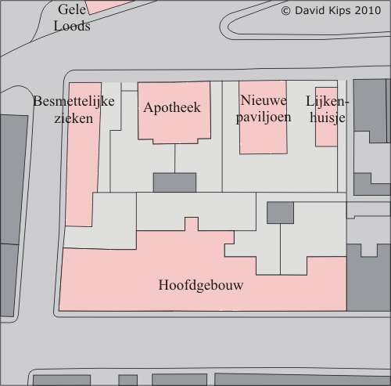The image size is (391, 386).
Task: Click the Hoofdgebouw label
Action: pyautogui.click(x=201, y=285)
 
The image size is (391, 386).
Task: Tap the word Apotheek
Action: pyautogui.click(x=172, y=108)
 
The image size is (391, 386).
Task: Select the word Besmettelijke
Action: pyautogui.click(x=74, y=102)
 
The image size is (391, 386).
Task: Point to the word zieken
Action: pyautogui.click(x=74, y=118)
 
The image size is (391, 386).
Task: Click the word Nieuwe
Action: pyautogui.click(x=264, y=100)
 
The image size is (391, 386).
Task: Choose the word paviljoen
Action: pyautogui.click(x=264, y=117)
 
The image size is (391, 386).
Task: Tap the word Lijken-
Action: pyautogui.click(x=327, y=101)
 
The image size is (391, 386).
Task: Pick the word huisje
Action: pyautogui.click(x=328, y=117)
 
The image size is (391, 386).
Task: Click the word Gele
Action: pyautogui.click(x=72, y=9)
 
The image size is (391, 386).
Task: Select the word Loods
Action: pyautogui.click(x=72, y=26)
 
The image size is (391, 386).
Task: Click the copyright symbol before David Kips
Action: pyautogui.click(x=285, y=11)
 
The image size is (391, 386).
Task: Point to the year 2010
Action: pyautogui.click(x=368, y=11)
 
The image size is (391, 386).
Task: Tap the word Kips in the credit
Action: pyautogui.click(x=340, y=11)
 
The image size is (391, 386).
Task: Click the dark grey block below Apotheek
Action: pyautogui.click(x=174, y=182)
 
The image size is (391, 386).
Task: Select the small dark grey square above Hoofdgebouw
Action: pyautogui.click(x=280, y=212)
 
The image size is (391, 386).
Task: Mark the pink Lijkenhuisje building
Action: pyautogui.click(x=326, y=117)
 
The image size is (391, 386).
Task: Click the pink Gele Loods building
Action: pyautogui.click(x=109, y=6)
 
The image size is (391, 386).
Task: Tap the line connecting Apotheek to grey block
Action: pyautogui.click(x=174, y=158)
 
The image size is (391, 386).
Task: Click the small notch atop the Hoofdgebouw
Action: pyautogui.click(x=192, y=224)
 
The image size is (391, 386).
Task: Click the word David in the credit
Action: pyautogui.click(x=310, y=11)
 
